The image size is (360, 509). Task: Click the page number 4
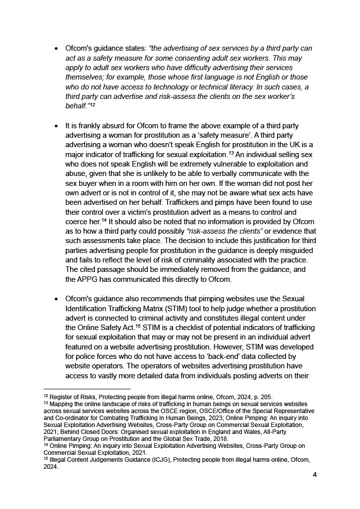click(x=315, y=474)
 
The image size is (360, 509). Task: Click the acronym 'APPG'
click(x=89, y=279)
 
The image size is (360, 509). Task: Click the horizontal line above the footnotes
click(x=87, y=389)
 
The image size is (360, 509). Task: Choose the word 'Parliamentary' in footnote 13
click(x=65, y=439)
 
